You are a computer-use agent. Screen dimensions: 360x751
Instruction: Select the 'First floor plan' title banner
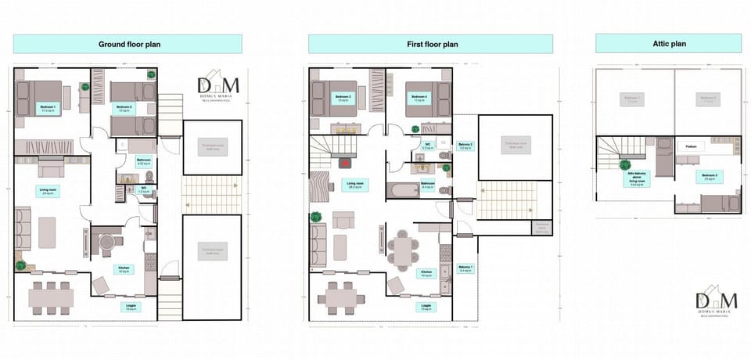[x=430, y=44]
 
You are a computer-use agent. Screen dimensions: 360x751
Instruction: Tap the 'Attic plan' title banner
[x=668, y=44]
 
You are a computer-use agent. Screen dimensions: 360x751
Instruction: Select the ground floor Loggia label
[x=131, y=308]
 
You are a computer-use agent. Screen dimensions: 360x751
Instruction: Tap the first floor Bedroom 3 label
[x=342, y=99]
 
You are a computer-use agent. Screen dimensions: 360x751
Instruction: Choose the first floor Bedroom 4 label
[x=419, y=99]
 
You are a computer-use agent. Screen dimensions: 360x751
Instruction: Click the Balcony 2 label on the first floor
[x=465, y=146]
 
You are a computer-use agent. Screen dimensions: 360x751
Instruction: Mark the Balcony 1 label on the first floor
[x=465, y=268]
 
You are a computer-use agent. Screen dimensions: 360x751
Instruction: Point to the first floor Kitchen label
[x=427, y=274]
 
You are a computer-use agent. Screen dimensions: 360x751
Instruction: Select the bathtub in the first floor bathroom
[x=403, y=189]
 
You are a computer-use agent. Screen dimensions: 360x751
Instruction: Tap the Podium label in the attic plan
[x=692, y=146]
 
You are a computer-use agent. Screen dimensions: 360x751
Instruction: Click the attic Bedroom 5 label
[x=710, y=176]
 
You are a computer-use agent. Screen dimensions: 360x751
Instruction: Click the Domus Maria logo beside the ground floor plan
[x=218, y=88]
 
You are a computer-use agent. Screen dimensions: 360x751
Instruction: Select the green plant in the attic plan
[x=625, y=164]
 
